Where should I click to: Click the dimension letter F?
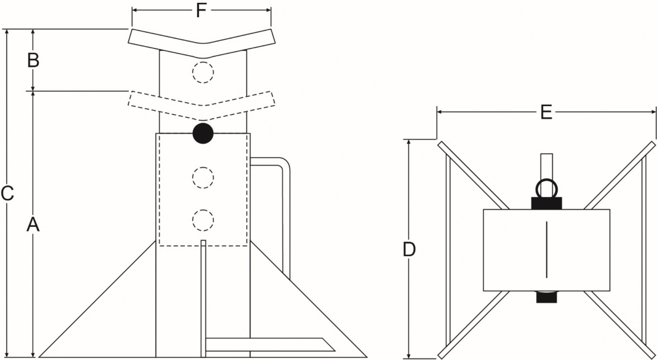click(201, 10)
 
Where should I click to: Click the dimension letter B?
click(33, 60)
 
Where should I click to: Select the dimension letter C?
click(7, 194)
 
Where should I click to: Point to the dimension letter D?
click(409, 250)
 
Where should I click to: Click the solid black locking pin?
click(203, 133)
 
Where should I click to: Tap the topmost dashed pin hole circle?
click(203, 72)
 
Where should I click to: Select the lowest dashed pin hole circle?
click(203, 220)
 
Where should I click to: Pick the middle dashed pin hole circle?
click(203, 178)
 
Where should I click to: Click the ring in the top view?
click(546, 181)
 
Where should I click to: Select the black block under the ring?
click(546, 203)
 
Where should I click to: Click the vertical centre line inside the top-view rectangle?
click(546, 250)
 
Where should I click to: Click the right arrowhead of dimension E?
click(652, 112)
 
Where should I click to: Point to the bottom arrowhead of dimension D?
click(409, 354)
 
